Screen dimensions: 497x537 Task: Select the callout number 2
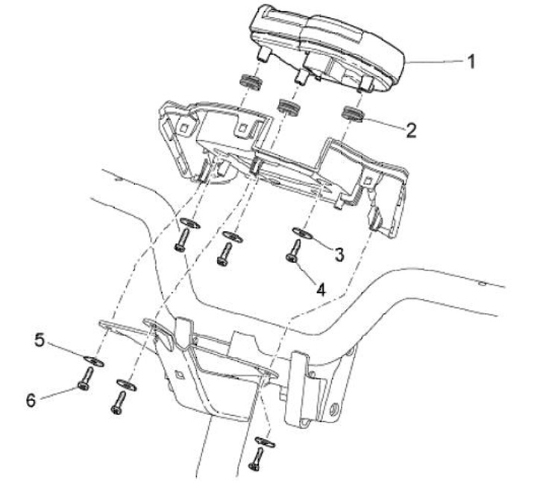412,129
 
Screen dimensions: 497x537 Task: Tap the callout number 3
339,254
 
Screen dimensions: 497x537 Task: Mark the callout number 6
31,400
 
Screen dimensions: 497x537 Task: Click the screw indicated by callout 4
292,252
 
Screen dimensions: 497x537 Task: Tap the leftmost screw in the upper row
180,241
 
